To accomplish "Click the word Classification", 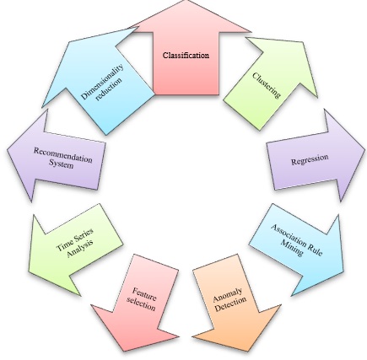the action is coord(186,55).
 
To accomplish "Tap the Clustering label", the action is coord(267,85).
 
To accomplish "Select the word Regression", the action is coord(310,159).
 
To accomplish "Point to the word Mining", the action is coord(293,248).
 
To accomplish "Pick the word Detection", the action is coord(230,305).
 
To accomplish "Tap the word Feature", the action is coord(144,293).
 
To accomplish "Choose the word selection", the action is coord(141,304).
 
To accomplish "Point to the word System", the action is coord(62,164).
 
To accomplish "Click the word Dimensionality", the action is coord(102,82).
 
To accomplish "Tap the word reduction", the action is coord(109,89).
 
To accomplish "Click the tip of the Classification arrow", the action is coord(187,1).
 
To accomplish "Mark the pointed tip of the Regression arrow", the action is coord(364,147).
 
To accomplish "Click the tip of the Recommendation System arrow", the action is coord(8,151).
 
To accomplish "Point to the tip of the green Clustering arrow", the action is coord(304,42).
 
